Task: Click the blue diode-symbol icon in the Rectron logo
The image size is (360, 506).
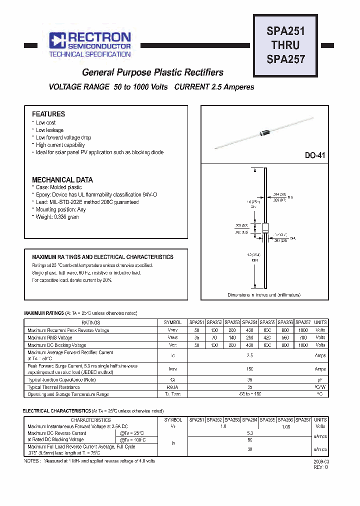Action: [57, 40]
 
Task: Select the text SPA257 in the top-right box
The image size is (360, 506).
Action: [285, 58]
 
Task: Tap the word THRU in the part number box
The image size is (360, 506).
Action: [285, 45]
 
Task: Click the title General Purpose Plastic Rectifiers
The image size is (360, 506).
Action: [152, 72]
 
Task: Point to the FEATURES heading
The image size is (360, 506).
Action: [48, 114]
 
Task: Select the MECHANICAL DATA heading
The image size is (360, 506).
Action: [62, 179]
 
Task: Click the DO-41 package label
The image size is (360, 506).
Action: [315, 155]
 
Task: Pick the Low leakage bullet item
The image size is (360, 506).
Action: [49, 130]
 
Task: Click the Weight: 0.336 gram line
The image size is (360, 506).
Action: [57, 217]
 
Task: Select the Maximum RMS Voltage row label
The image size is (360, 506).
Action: [50, 337]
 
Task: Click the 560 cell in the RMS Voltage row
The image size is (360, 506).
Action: [285, 337]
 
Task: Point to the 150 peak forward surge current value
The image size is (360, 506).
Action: [250, 369]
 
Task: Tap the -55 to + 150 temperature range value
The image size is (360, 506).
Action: [250, 394]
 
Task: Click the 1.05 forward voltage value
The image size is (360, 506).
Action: [285, 426]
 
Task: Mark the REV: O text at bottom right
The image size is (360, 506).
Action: [321, 466]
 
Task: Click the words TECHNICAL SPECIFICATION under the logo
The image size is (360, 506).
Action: [90, 54]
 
